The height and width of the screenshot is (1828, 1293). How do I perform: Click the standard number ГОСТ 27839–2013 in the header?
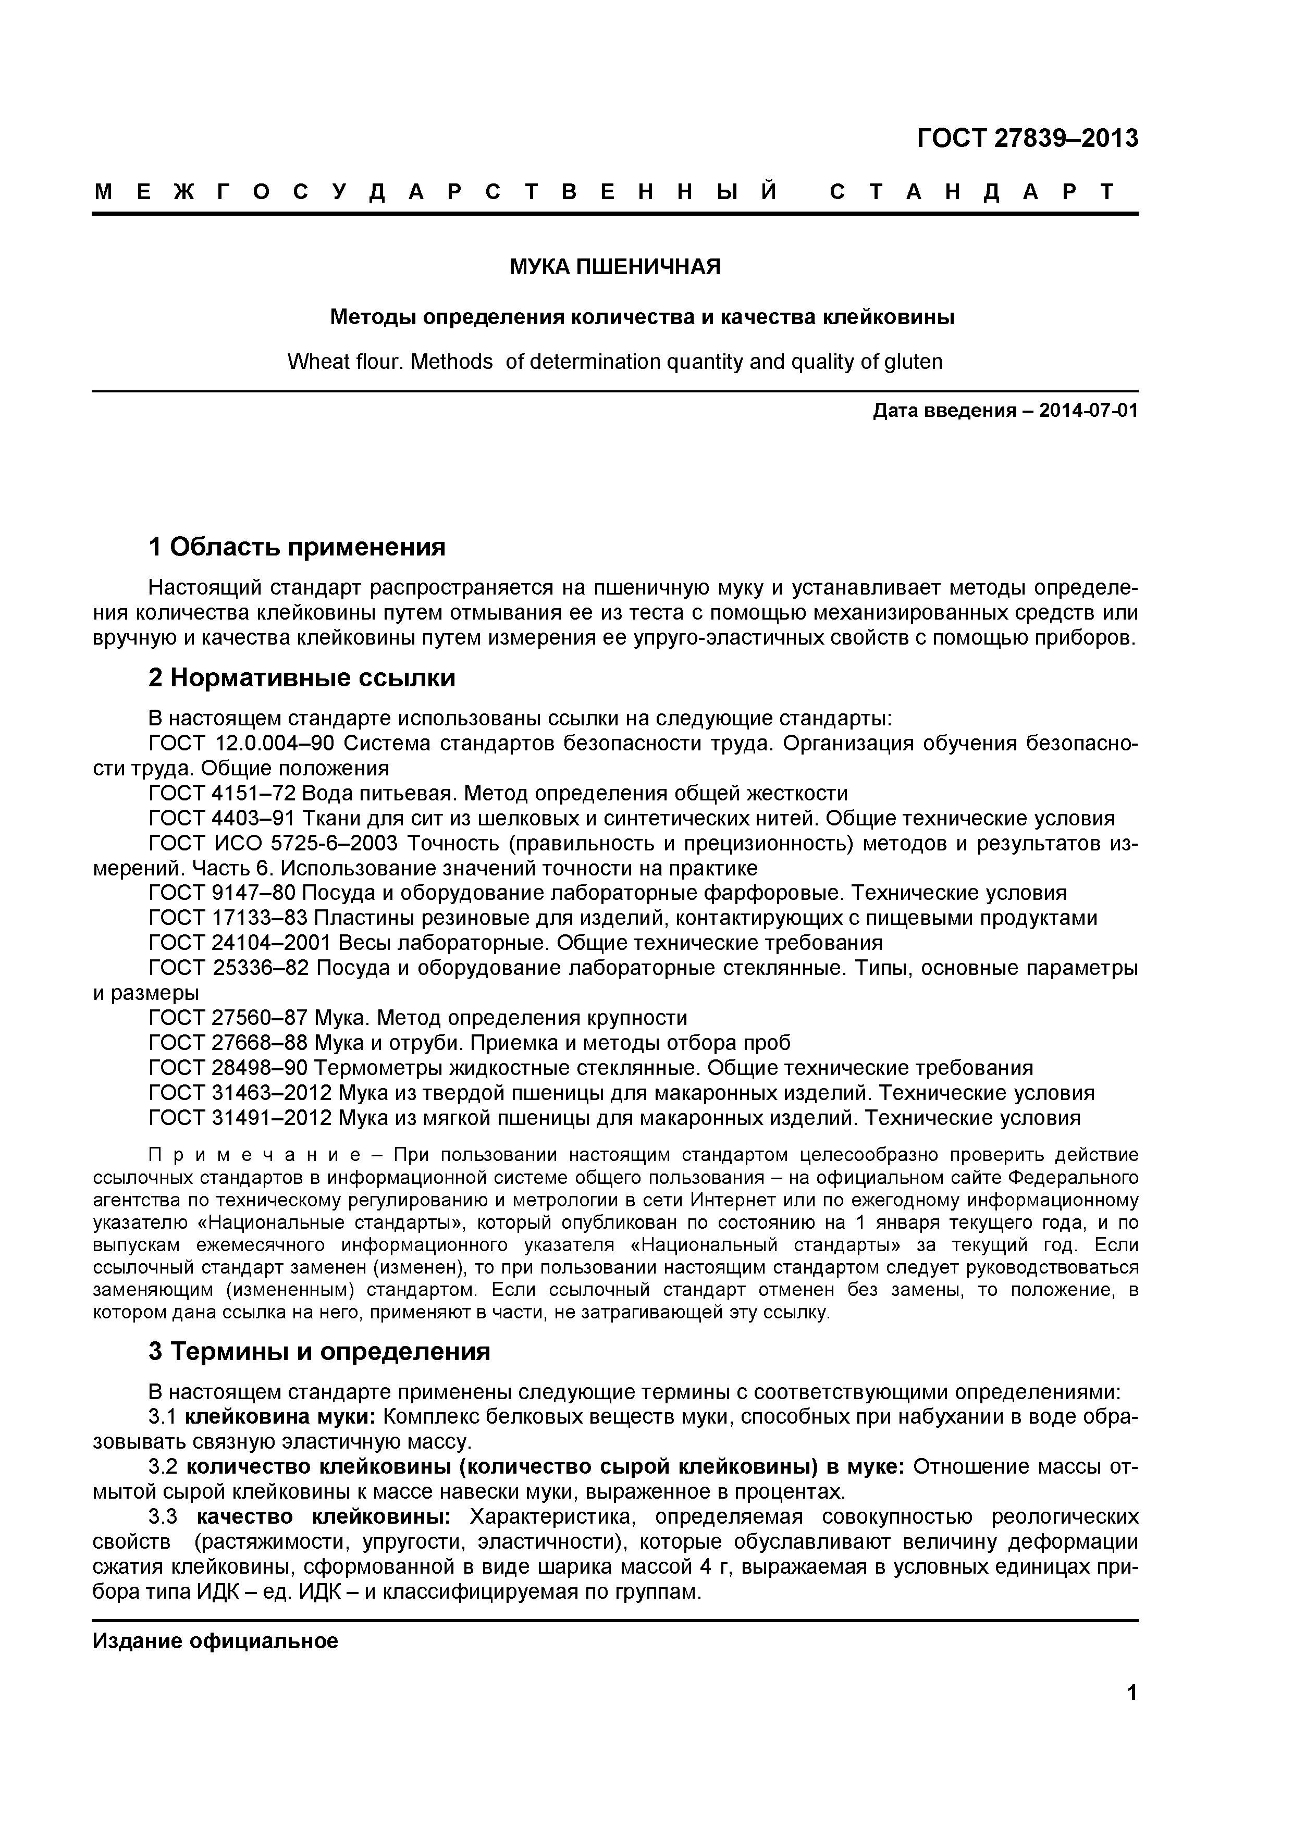tap(1027, 139)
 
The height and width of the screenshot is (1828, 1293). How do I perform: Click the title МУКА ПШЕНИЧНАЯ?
tap(614, 267)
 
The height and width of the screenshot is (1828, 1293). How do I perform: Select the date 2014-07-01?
tap(1088, 411)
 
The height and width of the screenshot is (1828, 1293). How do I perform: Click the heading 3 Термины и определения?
tap(319, 1352)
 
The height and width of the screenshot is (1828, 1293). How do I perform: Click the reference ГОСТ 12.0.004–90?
tap(240, 744)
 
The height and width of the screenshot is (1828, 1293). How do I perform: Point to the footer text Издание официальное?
tap(215, 1641)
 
